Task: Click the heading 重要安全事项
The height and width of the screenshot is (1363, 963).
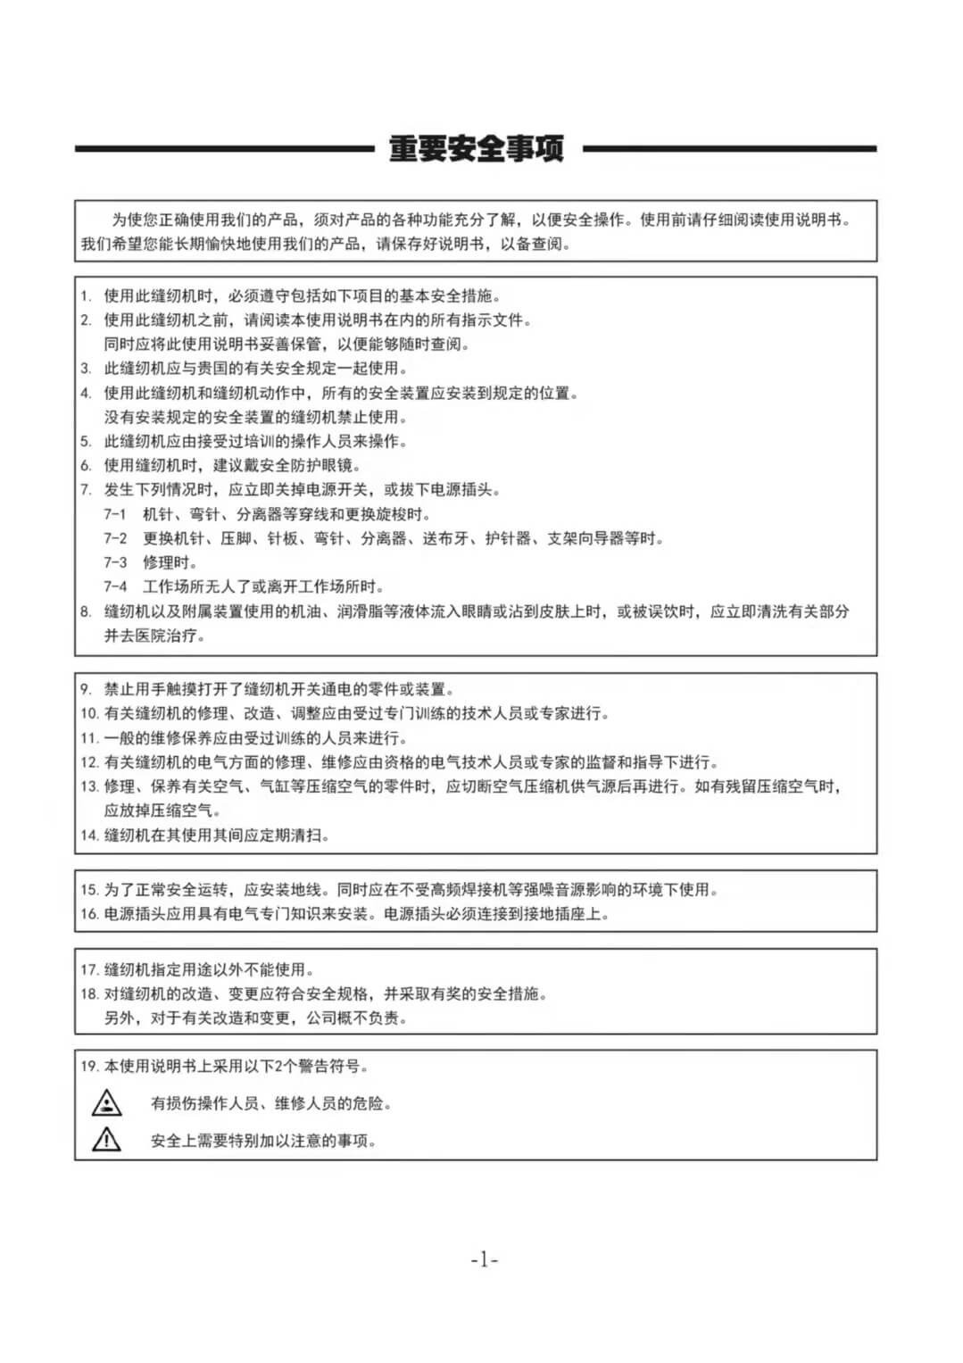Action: click(477, 149)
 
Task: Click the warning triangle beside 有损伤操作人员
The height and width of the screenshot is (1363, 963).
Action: click(107, 1103)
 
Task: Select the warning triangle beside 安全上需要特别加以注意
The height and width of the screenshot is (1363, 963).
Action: click(107, 1139)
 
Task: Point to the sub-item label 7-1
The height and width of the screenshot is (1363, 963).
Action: click(115, 514)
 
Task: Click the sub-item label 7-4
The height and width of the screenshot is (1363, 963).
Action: click(115, 586)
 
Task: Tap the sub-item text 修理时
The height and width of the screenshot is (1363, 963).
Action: click(170, 562)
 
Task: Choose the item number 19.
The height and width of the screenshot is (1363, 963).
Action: click(88, 1066)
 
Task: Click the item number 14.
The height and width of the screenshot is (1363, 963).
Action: click(88, 835)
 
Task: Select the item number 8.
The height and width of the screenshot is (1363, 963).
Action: click(86, 611)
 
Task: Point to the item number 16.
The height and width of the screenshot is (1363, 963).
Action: click(88, 914)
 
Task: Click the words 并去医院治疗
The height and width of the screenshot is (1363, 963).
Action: click(154, 636)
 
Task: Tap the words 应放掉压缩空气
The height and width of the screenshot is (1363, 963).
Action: click(162, 810)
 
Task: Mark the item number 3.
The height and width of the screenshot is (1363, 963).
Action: click(86, 368)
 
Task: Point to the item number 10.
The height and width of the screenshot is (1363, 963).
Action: click(88, 713)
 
